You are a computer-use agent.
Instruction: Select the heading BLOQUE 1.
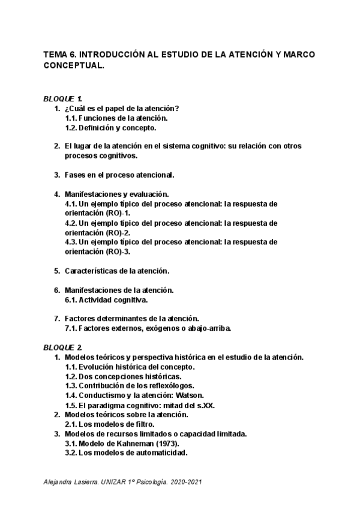(63, 98)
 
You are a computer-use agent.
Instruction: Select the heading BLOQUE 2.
(63, 348)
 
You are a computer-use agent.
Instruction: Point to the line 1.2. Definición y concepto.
(110, 127)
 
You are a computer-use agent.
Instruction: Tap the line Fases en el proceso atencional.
(119, 175)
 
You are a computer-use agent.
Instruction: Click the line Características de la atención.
(117, 271)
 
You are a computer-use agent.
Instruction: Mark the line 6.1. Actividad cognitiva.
(106, 300)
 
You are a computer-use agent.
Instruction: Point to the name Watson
(190, 396)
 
